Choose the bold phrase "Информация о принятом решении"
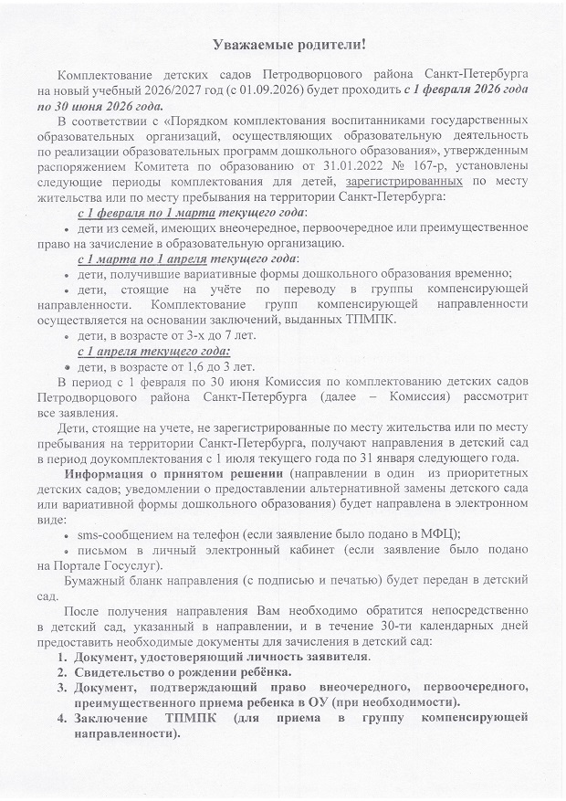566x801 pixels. coord(174,475)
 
